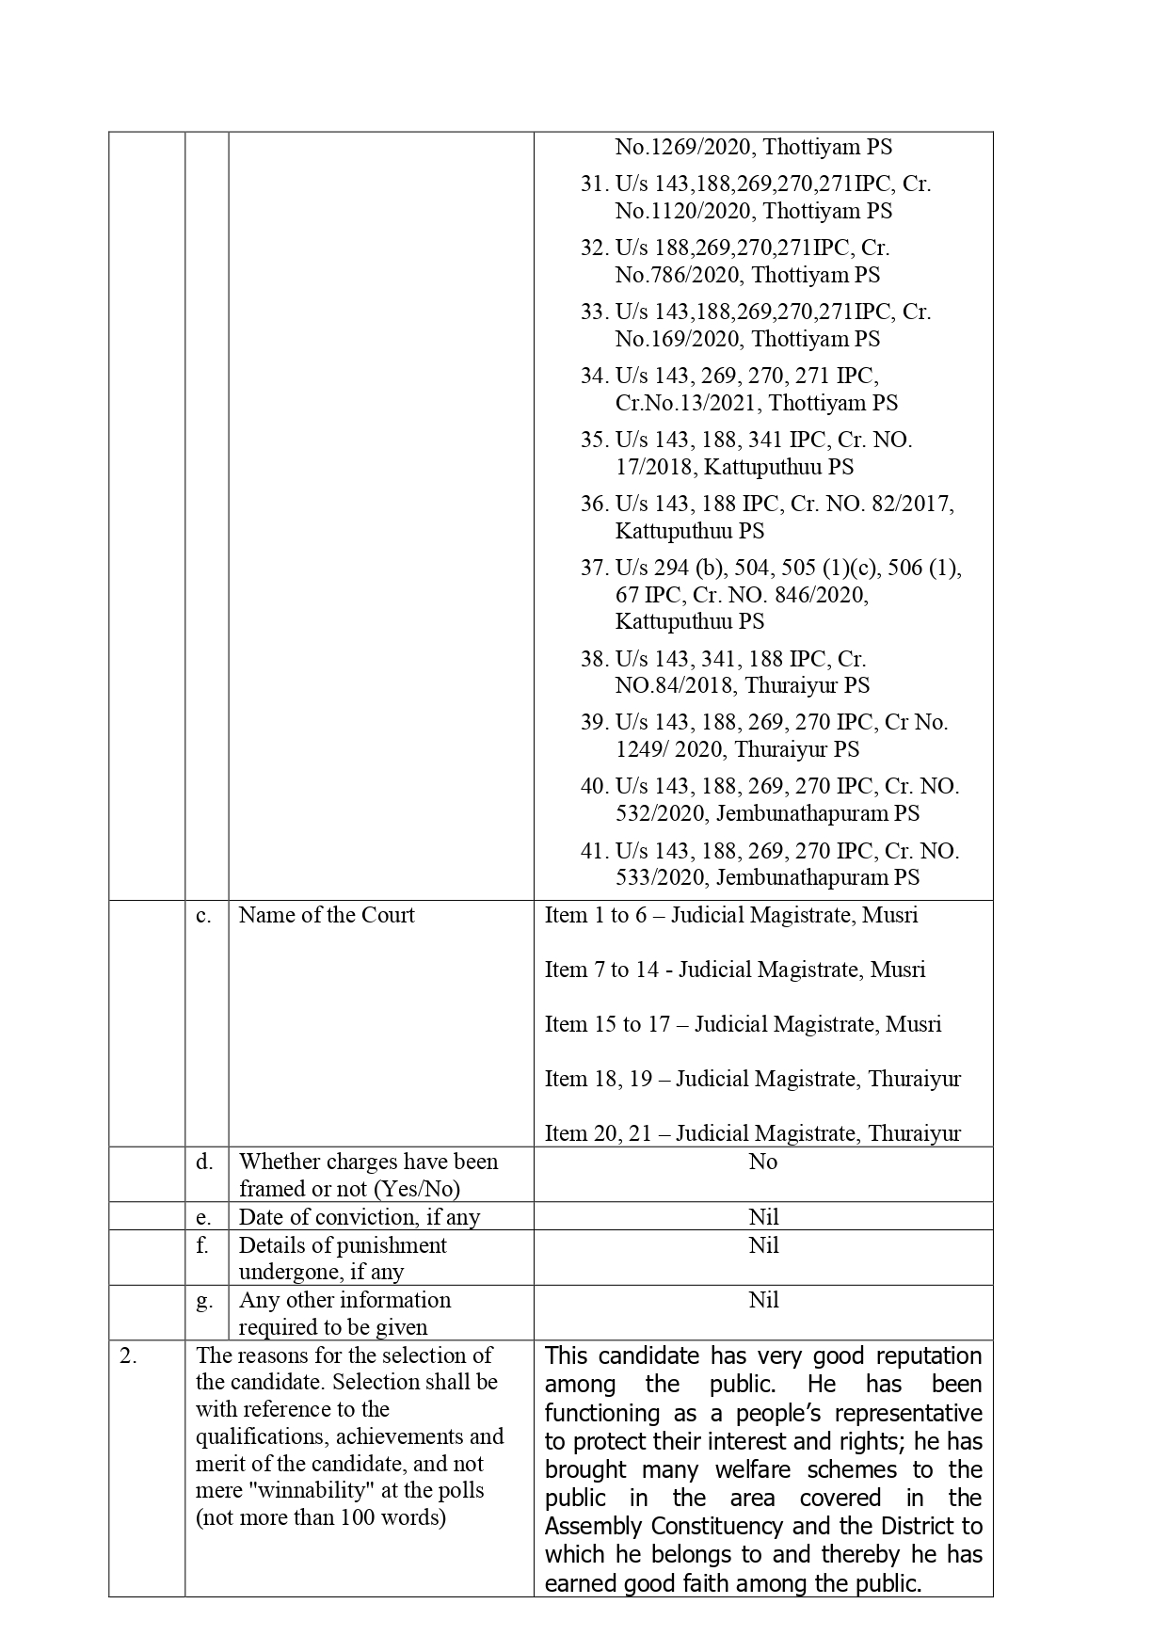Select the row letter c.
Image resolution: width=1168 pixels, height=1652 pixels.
tap(203, 915)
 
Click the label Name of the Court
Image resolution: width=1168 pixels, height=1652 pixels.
tap(327, 915)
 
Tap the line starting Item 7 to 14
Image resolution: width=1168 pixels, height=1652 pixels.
tap(734, 970)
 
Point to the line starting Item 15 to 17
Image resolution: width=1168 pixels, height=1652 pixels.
tap(743, 1024)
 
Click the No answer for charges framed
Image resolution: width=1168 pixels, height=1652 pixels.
tap(763, 1162)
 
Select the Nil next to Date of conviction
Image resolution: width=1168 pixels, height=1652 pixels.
tap(763, 1217)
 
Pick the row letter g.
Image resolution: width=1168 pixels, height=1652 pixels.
tap(203, 1300)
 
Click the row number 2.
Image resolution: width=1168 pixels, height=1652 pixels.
tap(129, 1355)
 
